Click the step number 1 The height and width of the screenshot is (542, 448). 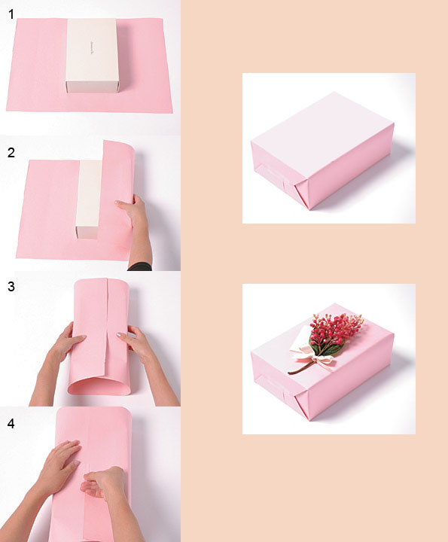pos(11,14)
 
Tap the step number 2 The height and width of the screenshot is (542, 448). pos(11,152)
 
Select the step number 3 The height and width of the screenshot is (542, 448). pos(11,287)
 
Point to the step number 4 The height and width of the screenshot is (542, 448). pos(11,423)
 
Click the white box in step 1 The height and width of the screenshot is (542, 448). pos(93,55)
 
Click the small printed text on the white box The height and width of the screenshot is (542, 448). pos(93,48)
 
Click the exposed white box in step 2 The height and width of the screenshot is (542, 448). pos(89,199)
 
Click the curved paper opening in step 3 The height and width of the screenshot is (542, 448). pos(99,385)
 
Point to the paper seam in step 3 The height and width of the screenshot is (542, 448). pos(106,327)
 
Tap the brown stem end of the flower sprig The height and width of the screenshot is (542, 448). pos(290,373)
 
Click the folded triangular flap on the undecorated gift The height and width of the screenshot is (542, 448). pos(301,196)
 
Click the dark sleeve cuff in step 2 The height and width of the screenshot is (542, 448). pos(140,266)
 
